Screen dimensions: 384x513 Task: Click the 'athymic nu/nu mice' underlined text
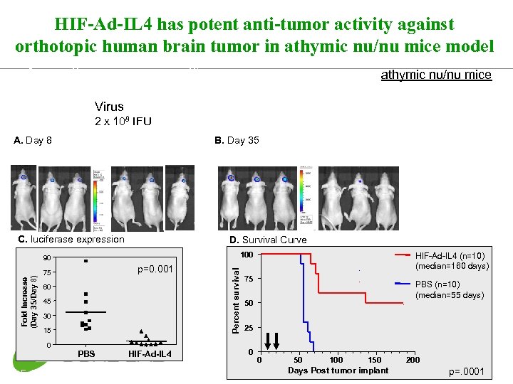click(x=436, y=75)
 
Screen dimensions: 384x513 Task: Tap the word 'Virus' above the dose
click(x=109, y=107)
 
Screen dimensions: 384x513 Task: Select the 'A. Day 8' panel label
click(x=33, y=141)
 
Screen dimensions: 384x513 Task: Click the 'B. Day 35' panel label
click(x=237, y=141)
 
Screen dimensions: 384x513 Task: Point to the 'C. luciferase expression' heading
click(x=71, y=239)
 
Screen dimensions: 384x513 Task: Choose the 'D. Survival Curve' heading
click(x=268, y=240)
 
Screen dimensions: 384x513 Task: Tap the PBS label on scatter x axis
click(x=85, y=354)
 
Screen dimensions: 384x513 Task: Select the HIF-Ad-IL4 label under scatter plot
click(x=150, y=354)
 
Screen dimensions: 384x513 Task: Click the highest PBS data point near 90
click(x=85, y=261)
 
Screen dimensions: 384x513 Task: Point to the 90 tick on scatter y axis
click(x=46, y=257)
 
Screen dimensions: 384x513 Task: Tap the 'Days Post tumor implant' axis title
click(x=338, y=370)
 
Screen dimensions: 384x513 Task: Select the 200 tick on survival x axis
click(x=413, y=360)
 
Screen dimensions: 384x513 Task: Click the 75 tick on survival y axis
click(x=248, y=279)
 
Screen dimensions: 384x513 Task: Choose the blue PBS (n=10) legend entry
click(x=449, y=289)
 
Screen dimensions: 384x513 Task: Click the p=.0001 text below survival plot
click(x=466, y=372)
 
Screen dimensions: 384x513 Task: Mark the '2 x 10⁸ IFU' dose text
click(x=123, y=121)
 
